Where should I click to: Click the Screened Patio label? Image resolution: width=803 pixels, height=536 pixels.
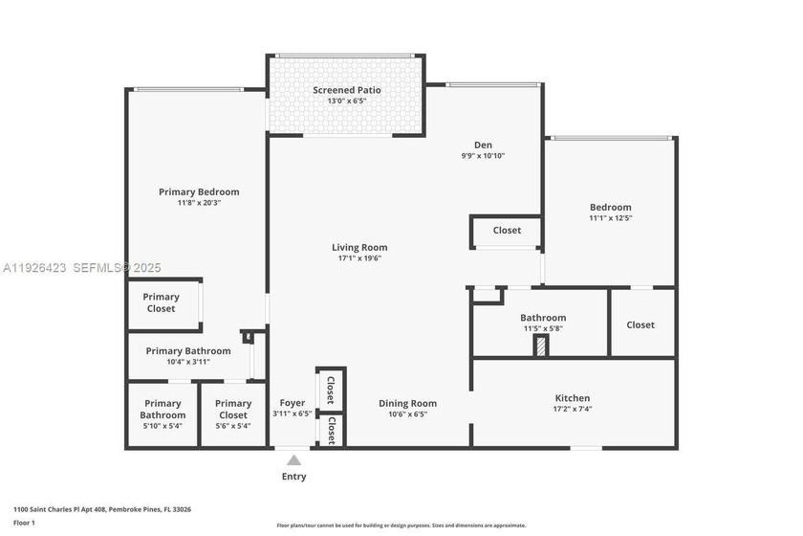coord(347,90)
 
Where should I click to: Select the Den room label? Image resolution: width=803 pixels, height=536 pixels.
coord(483,145)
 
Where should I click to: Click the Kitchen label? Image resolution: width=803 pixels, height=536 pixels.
coord(573,398)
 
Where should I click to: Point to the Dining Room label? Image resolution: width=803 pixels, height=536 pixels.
coord(407,403)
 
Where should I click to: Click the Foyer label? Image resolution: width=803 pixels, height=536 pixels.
coord(292,403)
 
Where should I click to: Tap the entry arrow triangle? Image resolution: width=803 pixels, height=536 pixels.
coord(293,460)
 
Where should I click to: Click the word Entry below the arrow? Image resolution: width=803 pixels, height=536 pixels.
coord(293,477)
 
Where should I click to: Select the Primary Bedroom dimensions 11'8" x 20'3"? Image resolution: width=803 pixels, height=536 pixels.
coord(199,203)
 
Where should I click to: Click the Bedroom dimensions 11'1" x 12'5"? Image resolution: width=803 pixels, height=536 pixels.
coord(610,218)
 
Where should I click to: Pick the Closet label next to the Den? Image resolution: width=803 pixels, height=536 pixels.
coord(507,230)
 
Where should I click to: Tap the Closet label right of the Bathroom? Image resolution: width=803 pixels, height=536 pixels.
coord(640,324)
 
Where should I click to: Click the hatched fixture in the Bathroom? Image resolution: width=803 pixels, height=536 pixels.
coord(542,346)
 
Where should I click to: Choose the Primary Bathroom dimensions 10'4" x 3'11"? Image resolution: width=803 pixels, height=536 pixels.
coord(187,362)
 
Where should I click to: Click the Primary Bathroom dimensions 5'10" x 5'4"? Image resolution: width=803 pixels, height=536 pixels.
coord(163,427)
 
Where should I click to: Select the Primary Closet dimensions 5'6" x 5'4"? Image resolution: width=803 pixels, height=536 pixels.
coord(233,427)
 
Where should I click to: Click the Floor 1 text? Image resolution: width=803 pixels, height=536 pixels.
coord(24,523)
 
